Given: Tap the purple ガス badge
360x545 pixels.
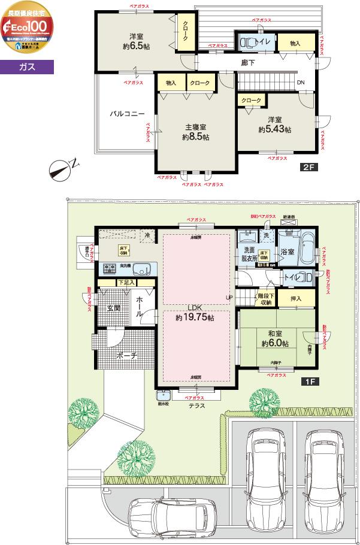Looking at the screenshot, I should (x=27, y=67).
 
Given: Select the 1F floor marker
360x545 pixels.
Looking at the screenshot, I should (x=309, y=381).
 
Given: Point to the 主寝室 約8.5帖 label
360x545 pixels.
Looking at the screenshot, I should (x=196, y=132).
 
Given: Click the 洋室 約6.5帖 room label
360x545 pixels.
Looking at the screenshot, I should (x=137, y=40).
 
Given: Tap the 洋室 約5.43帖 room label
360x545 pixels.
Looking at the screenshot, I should (x=275, y=124).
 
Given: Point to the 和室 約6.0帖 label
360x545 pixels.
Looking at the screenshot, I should (x=276, y=339).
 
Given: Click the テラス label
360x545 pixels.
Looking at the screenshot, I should (x=196, y=405).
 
